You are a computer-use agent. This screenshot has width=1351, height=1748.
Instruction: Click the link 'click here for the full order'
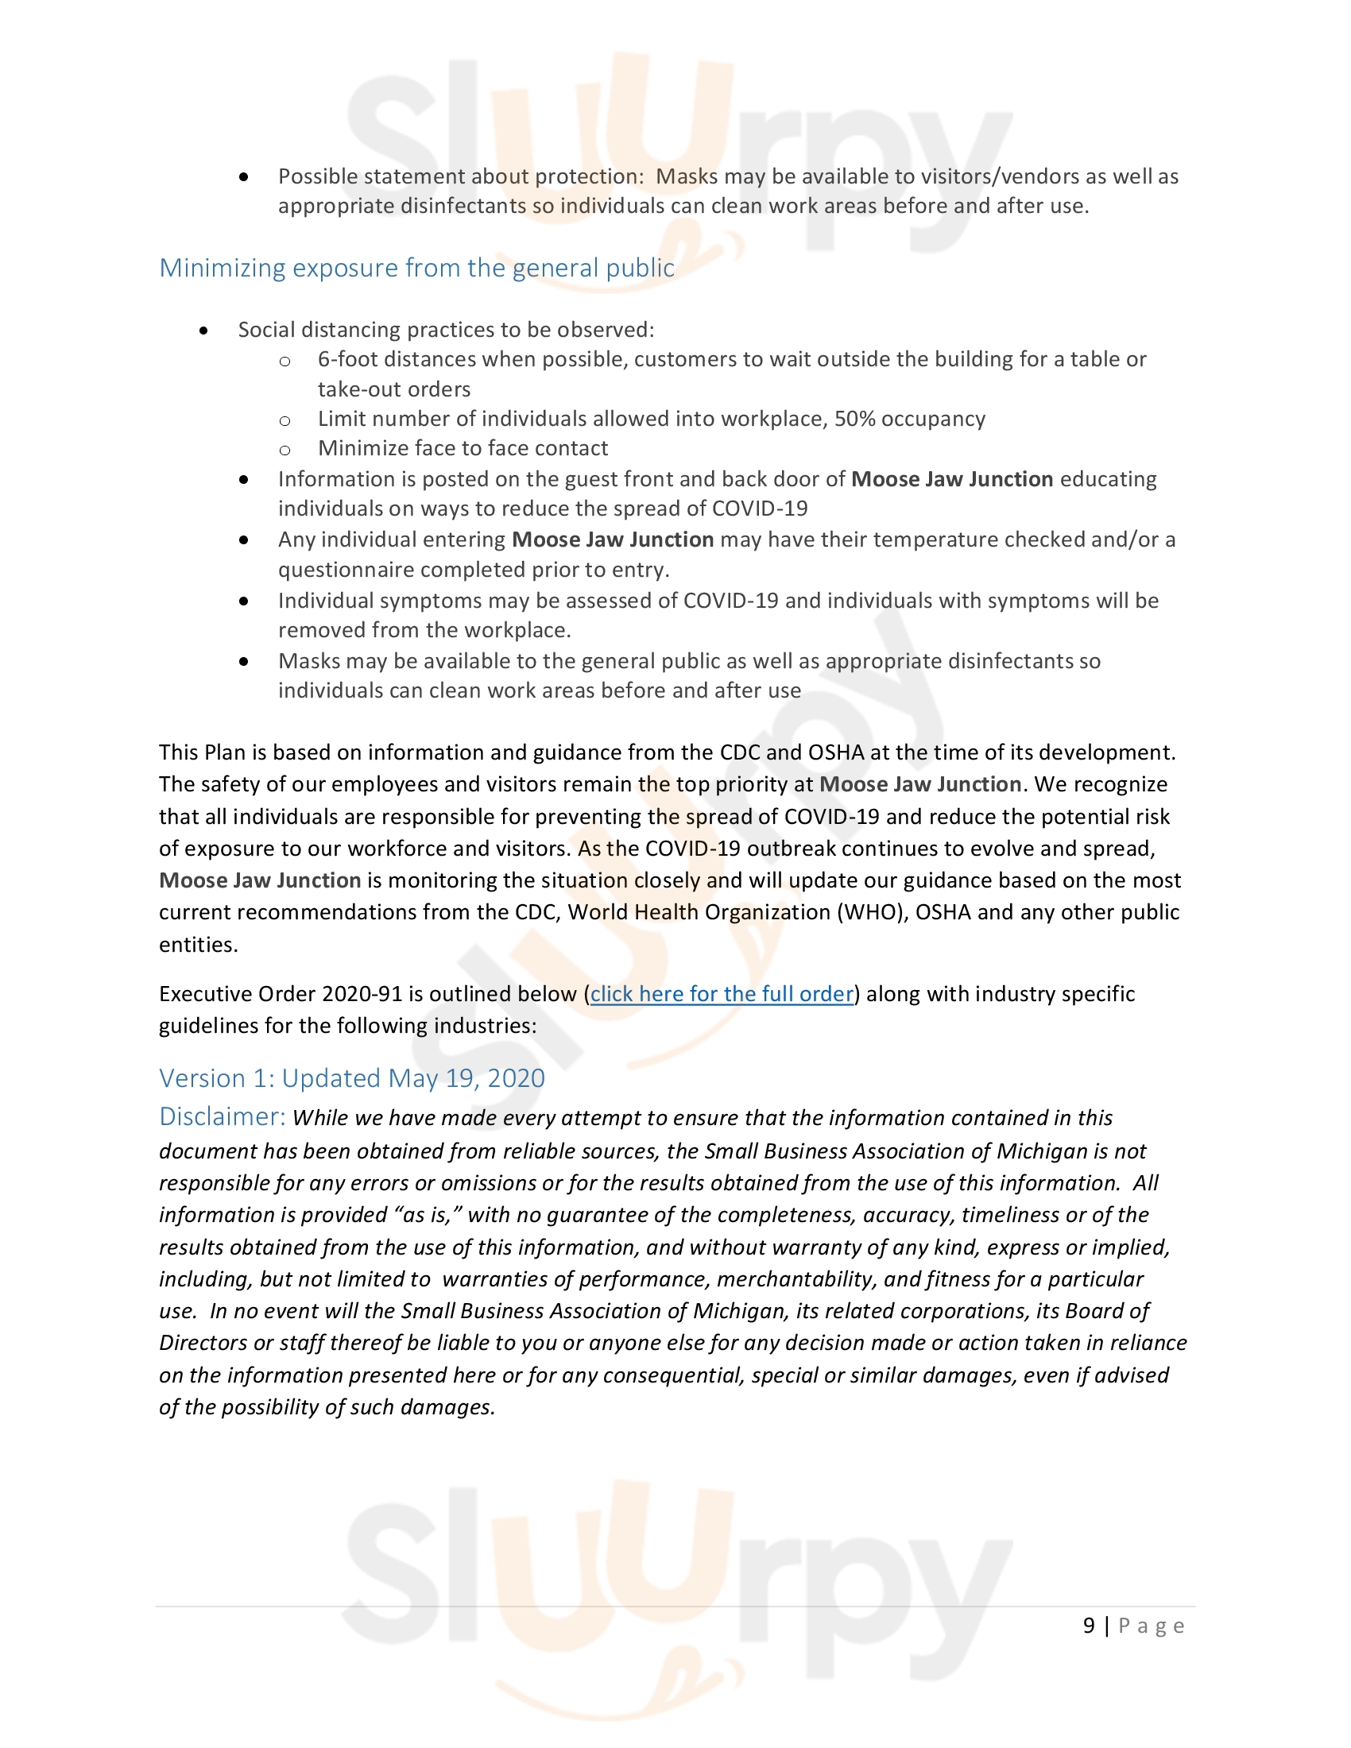click(x=722, y=994)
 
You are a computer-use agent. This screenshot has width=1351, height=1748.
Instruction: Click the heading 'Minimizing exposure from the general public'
click(x=416, y=267)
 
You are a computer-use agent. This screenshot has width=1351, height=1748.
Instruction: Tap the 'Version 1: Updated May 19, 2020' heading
click(x=352, y=1078)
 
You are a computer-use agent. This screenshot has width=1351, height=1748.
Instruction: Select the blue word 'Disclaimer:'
click(x=222, y=1116)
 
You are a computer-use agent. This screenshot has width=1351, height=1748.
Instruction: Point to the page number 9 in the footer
click(x=1089, y=1626)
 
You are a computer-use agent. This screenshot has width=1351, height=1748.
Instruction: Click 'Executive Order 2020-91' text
click(x=280, y=994)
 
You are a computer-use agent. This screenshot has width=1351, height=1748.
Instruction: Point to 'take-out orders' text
click(x=393, y=390)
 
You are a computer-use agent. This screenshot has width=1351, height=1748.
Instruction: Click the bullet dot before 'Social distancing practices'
click(x=204, y=330)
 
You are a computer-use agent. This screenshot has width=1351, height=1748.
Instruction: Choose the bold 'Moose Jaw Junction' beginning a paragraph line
click(x=260, y=880)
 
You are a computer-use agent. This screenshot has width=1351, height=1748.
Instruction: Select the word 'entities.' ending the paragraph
click(x=199, y=945)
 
